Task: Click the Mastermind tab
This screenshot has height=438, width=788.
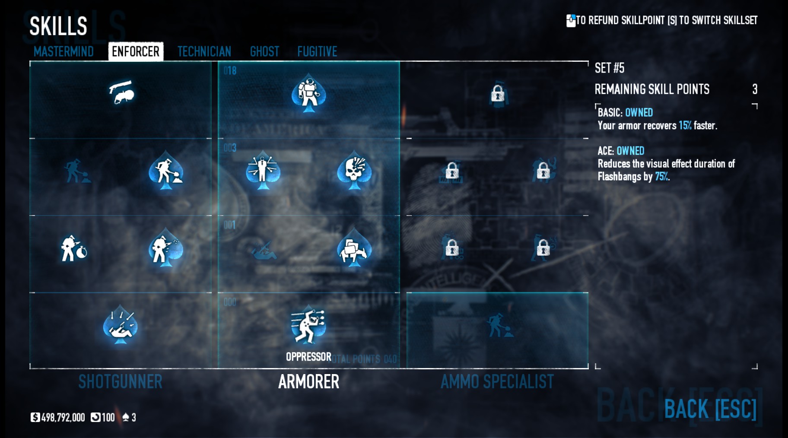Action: (x=64, y=51)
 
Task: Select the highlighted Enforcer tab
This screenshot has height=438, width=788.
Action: (x=135, y=51)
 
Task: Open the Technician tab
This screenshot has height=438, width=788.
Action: (x=204, y=51)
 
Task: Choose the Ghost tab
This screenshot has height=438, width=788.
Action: (x=264, y=51)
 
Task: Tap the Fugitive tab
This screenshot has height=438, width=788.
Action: (x=317, y=51)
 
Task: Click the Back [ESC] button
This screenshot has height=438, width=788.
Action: (x=710, y=409)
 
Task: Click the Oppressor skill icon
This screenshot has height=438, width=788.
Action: (x=308, y=325)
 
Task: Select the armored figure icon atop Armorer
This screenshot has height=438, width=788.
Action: (x=308, y=93)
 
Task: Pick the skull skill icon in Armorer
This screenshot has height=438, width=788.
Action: (x=354, y=171)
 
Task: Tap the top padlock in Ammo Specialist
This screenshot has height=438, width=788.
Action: (x=498, y=93)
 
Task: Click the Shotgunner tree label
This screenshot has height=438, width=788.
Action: (x=120, y=381)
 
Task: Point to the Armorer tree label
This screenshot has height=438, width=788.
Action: (x=308, y=381)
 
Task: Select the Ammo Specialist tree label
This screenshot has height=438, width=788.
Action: (x=497, y=381)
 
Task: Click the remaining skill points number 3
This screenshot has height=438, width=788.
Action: (x=754, y=89)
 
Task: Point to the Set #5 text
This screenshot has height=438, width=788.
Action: (x=609, y=68)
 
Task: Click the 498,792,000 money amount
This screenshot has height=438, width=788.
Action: (x=63, y=417)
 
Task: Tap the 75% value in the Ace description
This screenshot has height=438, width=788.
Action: (x=661, y=176)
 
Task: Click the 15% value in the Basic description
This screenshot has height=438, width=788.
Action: (x=685, y=125)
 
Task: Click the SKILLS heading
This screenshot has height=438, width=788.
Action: (x=58, y=26)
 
